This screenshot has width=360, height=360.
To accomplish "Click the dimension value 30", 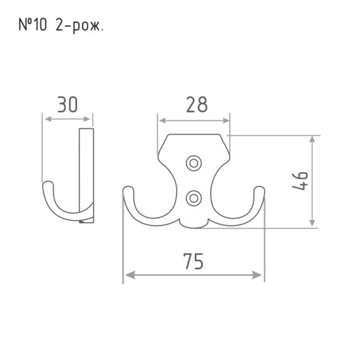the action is click(x=67, y=105).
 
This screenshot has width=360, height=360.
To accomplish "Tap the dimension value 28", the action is click(x=197, y=105).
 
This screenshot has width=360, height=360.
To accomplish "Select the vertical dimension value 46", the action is click(x=300, y=181).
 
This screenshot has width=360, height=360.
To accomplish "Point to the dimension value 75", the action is click(x=193, y=261).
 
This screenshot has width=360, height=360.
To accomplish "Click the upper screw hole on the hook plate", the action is click(x=194, y=163).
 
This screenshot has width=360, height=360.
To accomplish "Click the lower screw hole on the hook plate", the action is click(x=194, y=198).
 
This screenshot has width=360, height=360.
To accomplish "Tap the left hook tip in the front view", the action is click(x=128, y=189).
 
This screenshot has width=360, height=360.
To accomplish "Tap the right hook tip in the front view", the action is click(x=259, y=189).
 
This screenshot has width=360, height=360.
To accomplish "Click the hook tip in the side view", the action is click(x=48, y=185).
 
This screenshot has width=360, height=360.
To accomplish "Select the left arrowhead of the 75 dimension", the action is click(x=130, y=275).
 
